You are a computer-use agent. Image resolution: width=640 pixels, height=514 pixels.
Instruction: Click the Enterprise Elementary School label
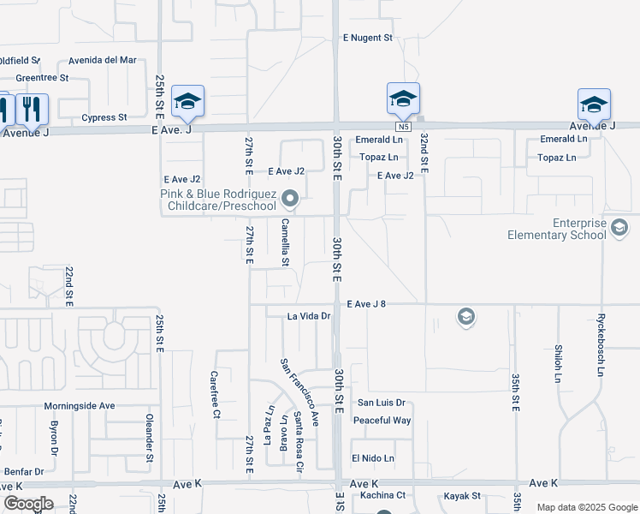pyautogui.click(x=556, y=228)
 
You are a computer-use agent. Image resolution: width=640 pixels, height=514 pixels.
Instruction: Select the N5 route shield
pyautogui.click(x=404, y=127)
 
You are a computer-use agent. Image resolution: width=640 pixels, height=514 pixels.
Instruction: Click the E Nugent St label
pyautogui.click(x=367, y=38)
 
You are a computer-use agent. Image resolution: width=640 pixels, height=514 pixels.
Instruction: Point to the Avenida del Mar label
pyautogui.click(x=104, y=60)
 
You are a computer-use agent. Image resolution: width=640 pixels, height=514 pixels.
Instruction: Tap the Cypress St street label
pyautogui.click(x=104, y=117)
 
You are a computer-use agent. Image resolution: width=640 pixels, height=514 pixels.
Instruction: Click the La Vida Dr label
pyautogui.click(x=308, y=316)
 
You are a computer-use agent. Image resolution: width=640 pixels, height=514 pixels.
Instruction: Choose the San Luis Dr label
pyautogui.click(x=381, y=403)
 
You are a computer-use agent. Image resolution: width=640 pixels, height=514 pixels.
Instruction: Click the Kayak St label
pyautogui.click(x=462, y=496)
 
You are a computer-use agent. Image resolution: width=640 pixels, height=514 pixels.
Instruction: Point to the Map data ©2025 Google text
pyautogui.click(x=586, y=507)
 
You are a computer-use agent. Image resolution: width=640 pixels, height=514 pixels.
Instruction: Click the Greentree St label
pyautogui.click(x=42, y=77)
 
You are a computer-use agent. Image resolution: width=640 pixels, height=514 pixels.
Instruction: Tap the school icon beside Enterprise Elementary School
pyautogui.click(x=620, y=228)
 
